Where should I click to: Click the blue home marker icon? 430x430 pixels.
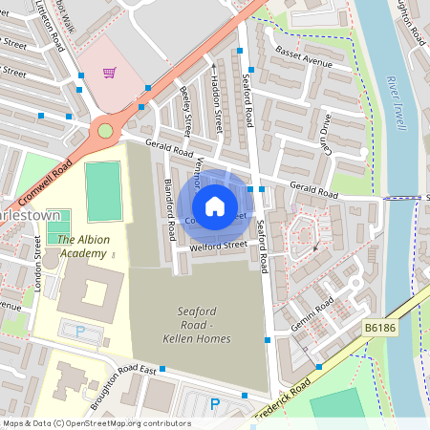coord(215,205)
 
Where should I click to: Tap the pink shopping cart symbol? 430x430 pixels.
coord(110,73)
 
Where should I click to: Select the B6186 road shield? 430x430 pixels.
coord(379,328)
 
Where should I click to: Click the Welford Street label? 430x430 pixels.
coord(217,247)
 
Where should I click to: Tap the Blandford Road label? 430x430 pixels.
coord(167,202)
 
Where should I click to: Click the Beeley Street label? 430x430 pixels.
coord(187,112)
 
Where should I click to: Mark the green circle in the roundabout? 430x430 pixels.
coord(105,131)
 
